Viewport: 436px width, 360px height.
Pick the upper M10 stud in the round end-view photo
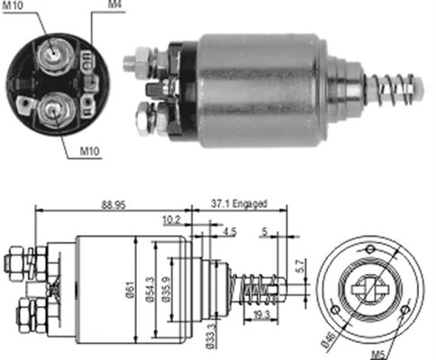click(56, 55)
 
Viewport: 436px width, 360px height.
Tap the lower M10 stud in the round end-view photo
click(53, 112)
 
